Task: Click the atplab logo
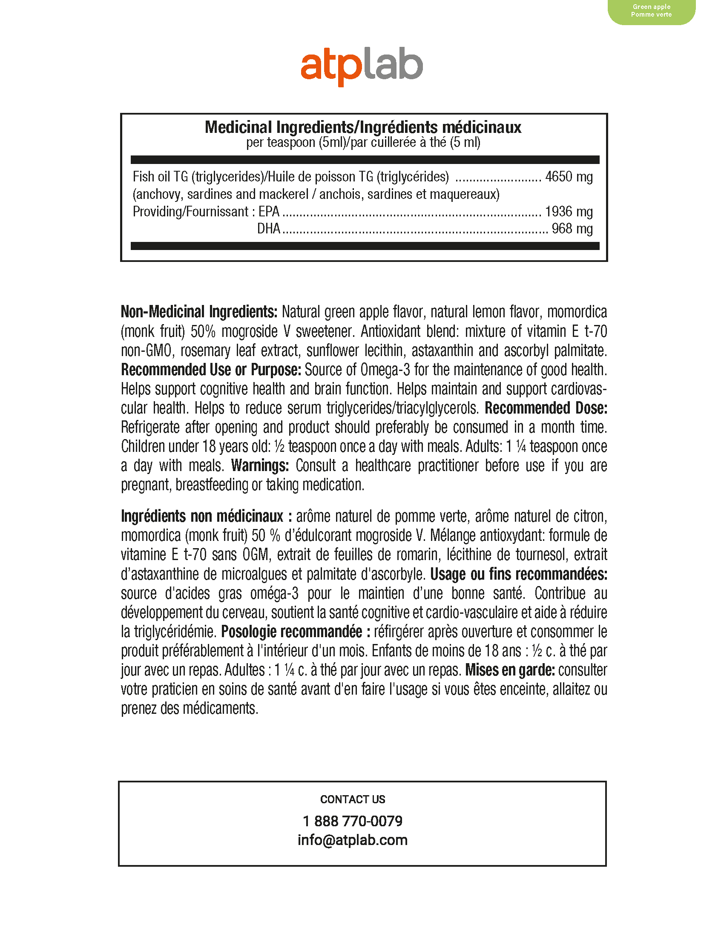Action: click(x=362, y=68)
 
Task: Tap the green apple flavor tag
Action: click(x=651, y=11)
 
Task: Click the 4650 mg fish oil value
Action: click(x=569, y=177)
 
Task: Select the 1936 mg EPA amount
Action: click(x=569, y=212)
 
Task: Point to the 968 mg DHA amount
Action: click(x=572, y=229)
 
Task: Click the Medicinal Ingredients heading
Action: click(x=363, y=127)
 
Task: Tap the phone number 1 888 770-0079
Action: click(x=353, y=821)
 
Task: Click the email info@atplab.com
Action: click(x=353, y=839)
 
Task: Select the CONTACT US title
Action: click(x=353, y=799)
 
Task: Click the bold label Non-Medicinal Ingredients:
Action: click(x=199, y=312)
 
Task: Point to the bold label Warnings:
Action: click(x=260, y=466)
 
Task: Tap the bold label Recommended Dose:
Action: click(x=546, y=408)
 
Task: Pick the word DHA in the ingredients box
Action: click(x=268, y=229)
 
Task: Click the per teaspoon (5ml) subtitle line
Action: click(x=363, y=142)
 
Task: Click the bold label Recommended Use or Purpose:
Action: click(x=211, y=369)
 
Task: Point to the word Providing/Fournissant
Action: click(x=190, y=212)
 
